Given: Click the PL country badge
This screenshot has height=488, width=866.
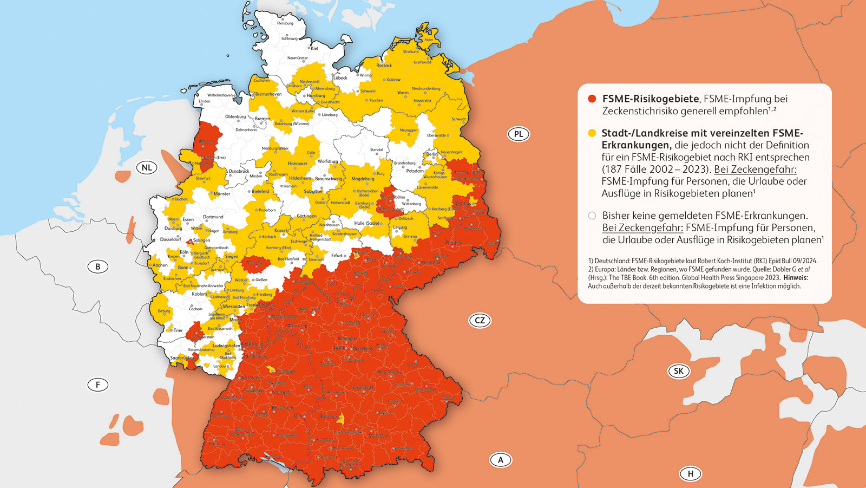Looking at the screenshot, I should pos(518,134).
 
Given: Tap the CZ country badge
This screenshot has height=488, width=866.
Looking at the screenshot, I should pos(480,320).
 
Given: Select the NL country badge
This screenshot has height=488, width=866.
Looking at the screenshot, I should pos(147,167).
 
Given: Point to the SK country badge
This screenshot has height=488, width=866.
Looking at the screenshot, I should pos(678,371).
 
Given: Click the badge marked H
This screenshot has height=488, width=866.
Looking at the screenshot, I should pos(690,474).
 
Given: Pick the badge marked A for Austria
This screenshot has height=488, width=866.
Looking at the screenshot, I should pos(501,460).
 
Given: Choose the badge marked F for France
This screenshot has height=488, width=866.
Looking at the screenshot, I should pos(98,385).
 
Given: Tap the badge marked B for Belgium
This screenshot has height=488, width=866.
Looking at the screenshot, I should pos(98,266).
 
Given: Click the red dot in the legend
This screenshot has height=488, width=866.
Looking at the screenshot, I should pos(592,99).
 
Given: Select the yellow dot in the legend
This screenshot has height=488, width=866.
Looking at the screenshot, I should pos(592,133).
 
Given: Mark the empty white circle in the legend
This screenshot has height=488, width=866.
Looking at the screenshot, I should pos(592,216).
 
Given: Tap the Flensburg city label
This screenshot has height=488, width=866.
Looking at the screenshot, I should pos(285,23).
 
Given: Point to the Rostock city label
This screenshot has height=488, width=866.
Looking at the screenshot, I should pos(384,66).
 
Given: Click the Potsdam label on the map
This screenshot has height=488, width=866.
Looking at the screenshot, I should pos(415,171).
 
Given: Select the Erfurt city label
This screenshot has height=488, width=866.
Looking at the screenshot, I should pos(337,256).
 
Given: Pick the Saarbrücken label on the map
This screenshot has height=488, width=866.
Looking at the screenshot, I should pos(182,358).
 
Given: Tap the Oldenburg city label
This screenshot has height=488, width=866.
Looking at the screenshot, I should pos(235,116).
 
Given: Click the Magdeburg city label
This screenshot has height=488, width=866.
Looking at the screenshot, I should pos(363,179).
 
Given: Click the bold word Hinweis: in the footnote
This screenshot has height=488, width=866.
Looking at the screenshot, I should pos(795,277).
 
